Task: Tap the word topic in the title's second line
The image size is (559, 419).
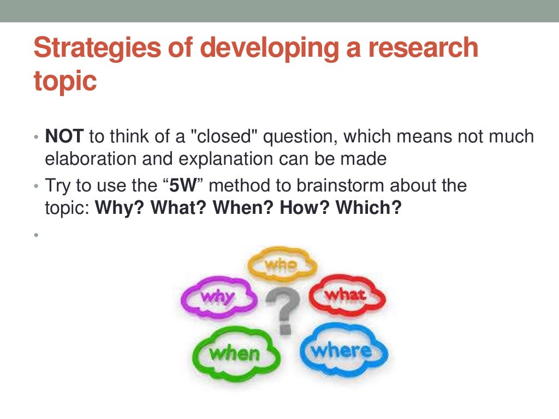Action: [65, 81]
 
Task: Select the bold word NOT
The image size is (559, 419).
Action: [63, 136]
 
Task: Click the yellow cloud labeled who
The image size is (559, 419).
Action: [282, 265]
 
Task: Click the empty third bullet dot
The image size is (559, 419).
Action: [35, 235]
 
